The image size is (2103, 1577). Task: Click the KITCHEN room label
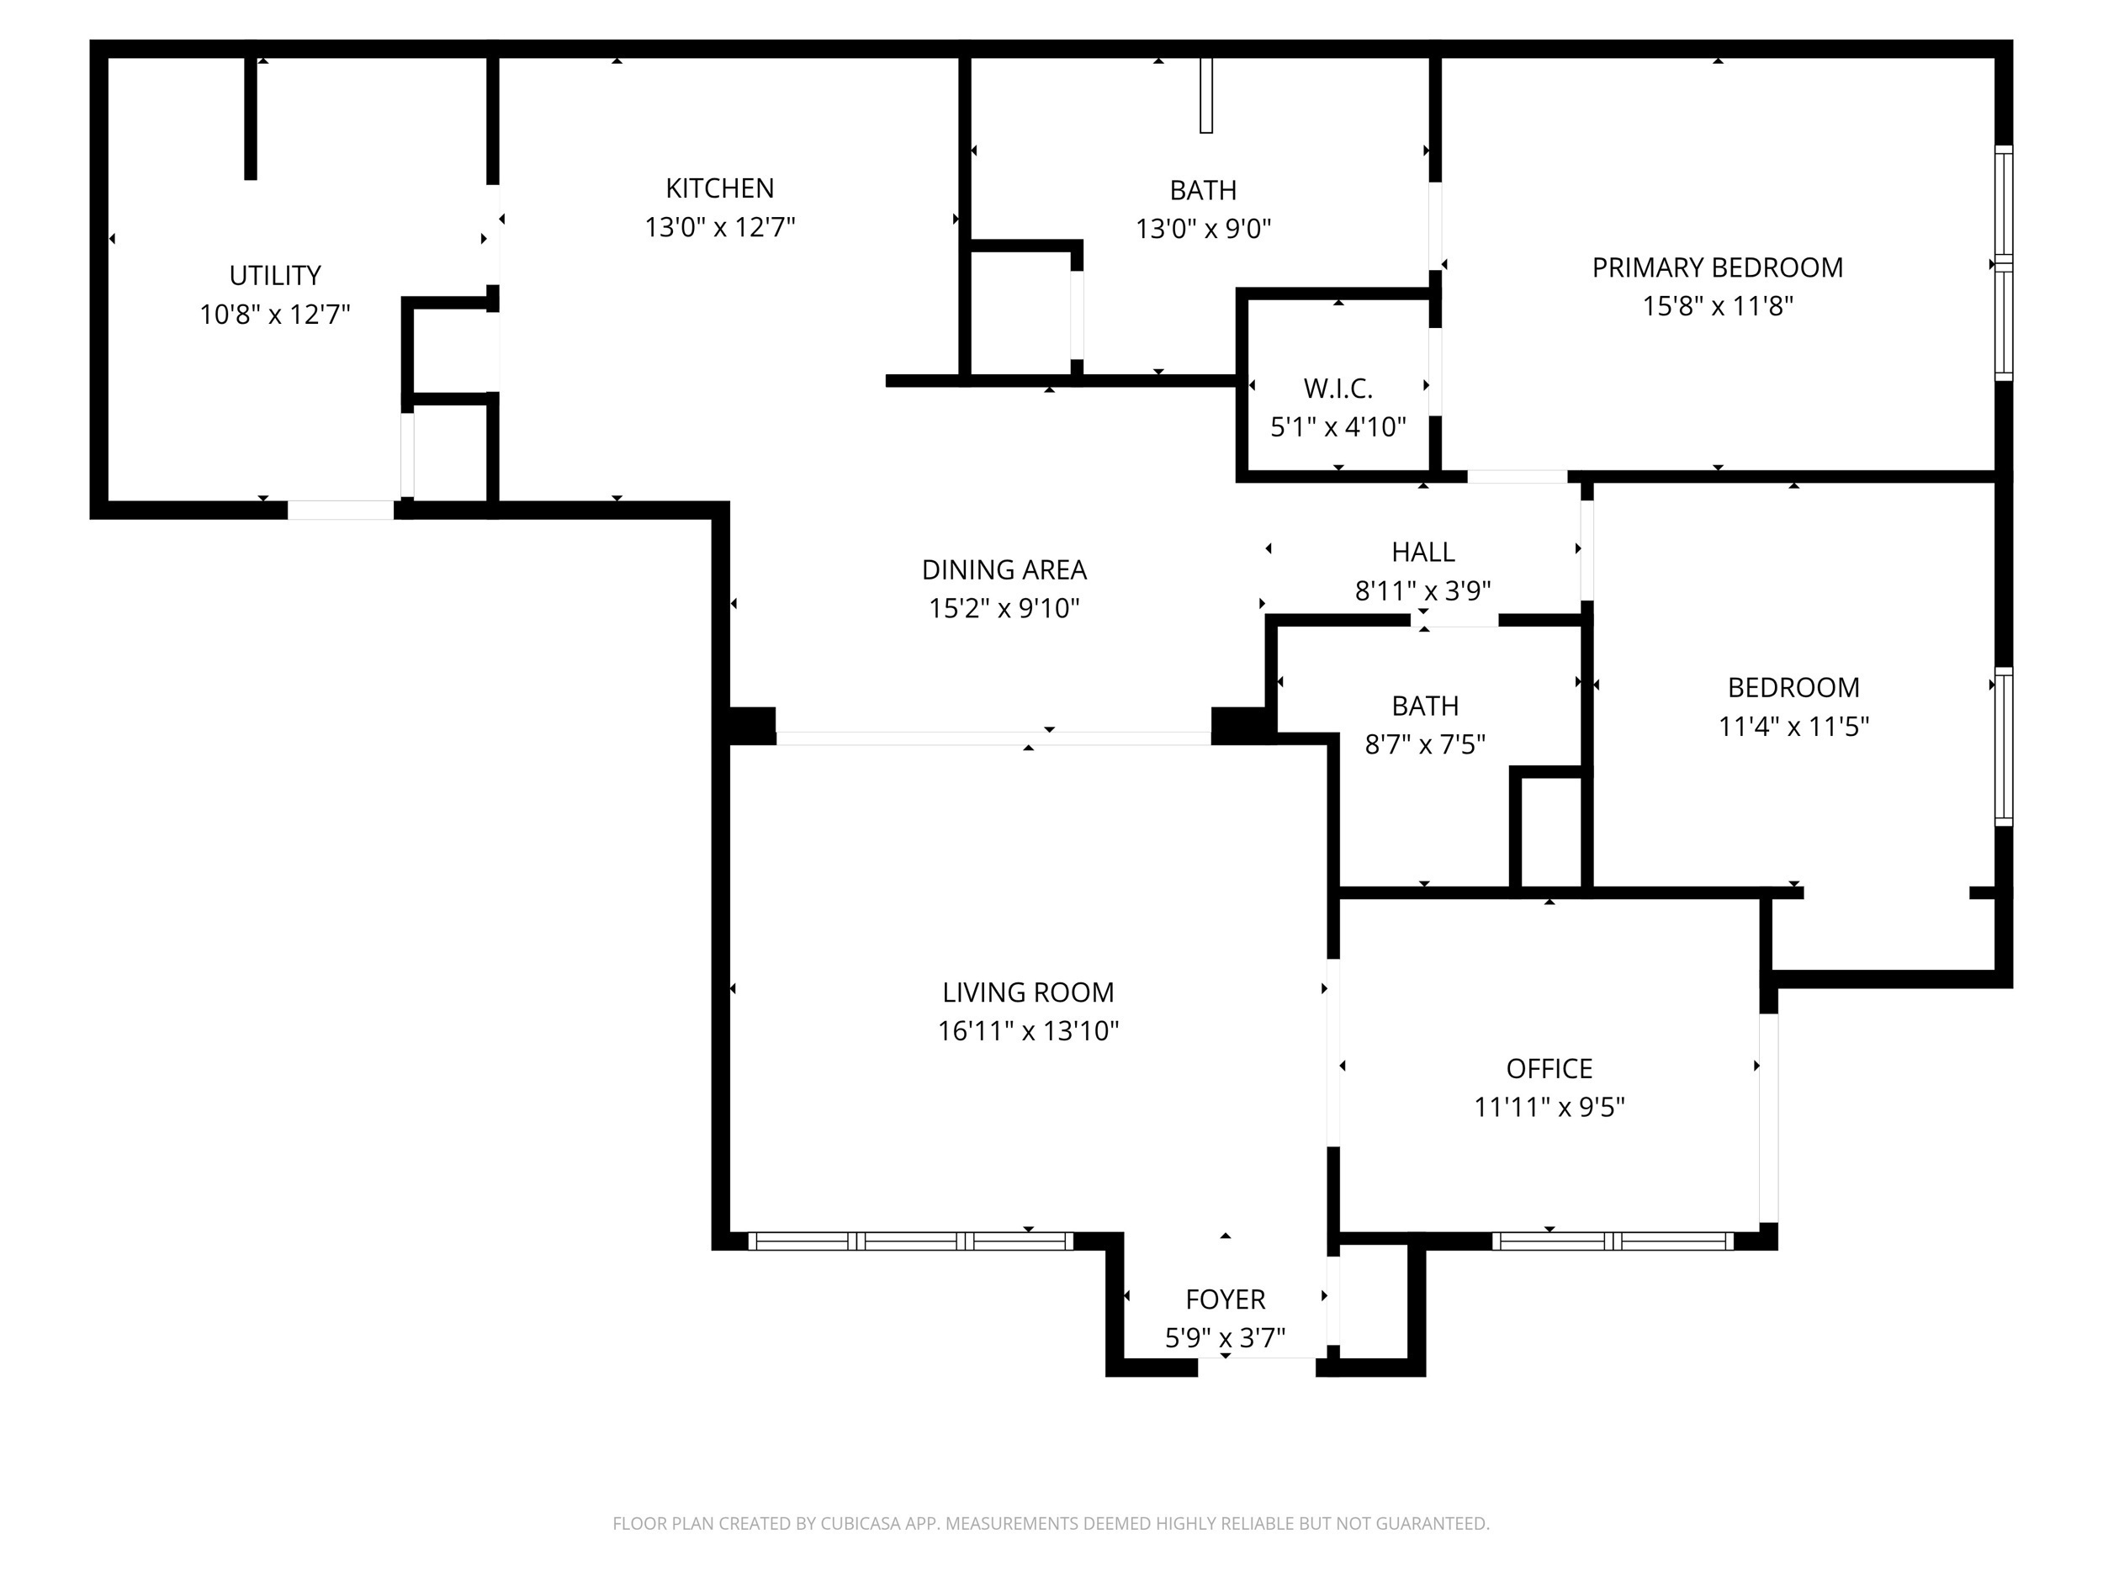click(720, 188)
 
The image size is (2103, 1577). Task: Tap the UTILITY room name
click(275, 276)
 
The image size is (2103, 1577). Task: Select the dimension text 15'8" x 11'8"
click(1717, 306)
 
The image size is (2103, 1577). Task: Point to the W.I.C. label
click(1338, 388)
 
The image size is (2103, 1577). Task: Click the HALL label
click(1422, 552)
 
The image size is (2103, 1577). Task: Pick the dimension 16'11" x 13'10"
click(1028, 1030)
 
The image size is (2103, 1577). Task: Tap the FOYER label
click(1225, 1299)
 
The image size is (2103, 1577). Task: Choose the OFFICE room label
click(1549, 1068)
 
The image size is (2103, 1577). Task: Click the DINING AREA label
click(1004, 569)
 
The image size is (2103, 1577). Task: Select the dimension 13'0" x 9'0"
click(1203, 229)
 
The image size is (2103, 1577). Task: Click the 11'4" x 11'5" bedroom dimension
click(1793, 726)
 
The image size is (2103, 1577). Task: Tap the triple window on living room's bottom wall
click(910, 1241)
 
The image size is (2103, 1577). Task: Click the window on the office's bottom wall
click(1613, 1241)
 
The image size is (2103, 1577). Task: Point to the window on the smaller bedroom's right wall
click(2003, 745)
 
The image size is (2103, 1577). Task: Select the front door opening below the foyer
click(1256, 1367)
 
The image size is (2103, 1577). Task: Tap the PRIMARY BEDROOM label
click(1717, 268)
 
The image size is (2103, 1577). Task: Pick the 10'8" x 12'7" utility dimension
click(275, 315)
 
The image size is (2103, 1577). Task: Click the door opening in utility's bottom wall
click(341, 511)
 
